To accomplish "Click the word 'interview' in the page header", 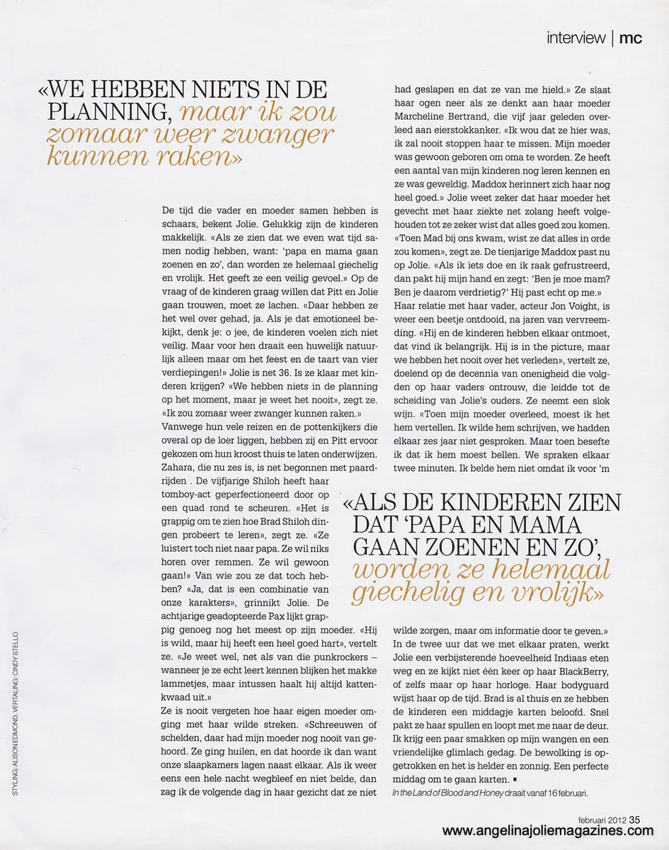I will pos(576,38).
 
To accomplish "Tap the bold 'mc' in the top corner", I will pos(631,38).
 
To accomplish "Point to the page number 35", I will pos(634,820).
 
